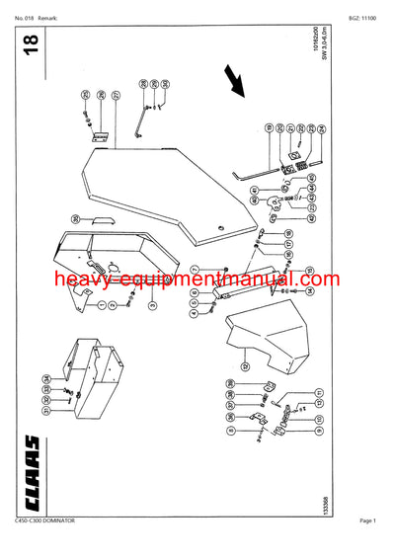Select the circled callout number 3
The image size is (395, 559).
pos(151,307)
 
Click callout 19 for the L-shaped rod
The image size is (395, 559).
pos(268,128)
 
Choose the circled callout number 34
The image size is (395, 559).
pos(44,378)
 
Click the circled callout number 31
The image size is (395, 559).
pos(44,412)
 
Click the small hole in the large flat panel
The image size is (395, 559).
pos(224,229)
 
